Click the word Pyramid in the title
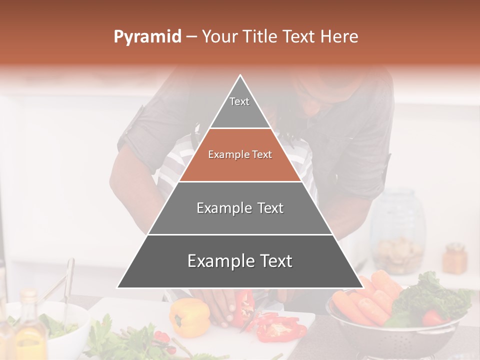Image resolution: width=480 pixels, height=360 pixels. coord(147,37)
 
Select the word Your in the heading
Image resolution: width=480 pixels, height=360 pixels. coord(218,36)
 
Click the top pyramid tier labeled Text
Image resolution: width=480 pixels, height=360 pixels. coord(240,107)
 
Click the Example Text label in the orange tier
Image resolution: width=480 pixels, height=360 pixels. coord(240,155)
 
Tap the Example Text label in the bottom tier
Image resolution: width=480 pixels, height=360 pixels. coord(240,261)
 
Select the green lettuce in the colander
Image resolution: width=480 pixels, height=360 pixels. coord(430,297)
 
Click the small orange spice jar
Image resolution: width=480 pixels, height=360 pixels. coord(454,258)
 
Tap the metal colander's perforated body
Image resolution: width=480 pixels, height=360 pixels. coord(400,340)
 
